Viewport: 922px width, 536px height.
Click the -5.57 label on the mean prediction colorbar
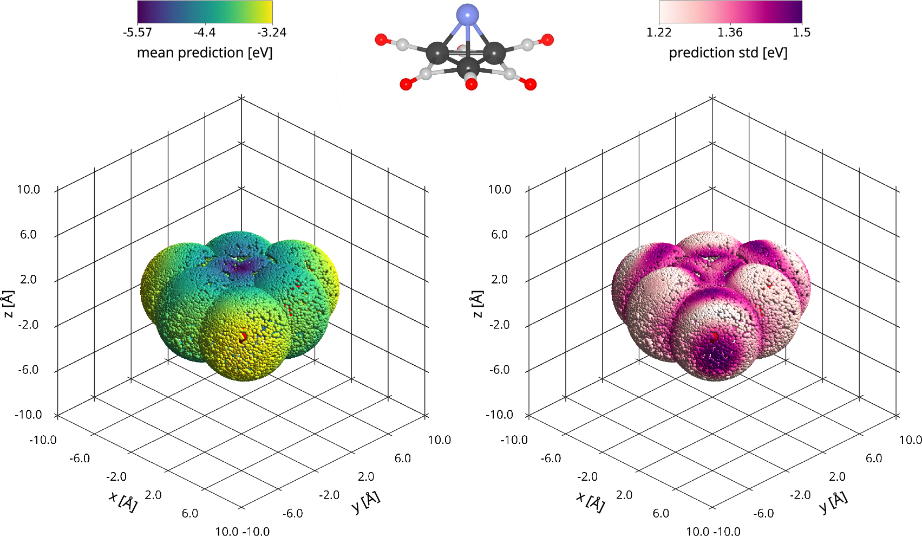coord(138,33)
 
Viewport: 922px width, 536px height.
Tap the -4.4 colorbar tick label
coord(205,33)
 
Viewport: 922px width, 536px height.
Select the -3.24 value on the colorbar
coord(272,33)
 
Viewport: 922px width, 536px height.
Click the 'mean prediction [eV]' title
coord(205,53)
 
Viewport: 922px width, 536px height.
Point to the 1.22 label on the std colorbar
coord(659,33)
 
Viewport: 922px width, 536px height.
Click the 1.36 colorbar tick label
coord(730,33)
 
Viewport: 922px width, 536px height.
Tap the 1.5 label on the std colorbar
coord(801,33)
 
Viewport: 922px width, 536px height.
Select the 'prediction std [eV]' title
coord(728,53)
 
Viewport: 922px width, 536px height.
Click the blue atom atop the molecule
coord(467,14)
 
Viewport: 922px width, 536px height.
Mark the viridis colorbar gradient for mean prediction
coord(205,11)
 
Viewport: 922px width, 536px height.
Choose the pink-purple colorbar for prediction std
coord(730,11)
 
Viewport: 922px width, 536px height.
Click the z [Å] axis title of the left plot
coord(8,304)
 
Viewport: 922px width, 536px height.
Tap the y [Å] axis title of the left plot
coord(366,502)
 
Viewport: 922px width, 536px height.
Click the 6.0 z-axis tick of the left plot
coord(28,235)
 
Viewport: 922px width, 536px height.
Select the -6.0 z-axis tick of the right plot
coord(499,370)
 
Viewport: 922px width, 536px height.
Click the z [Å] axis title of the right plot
coord(477,304)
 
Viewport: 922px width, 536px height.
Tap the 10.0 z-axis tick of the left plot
coord(28,190)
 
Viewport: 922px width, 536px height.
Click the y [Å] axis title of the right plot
coord(834,502)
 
